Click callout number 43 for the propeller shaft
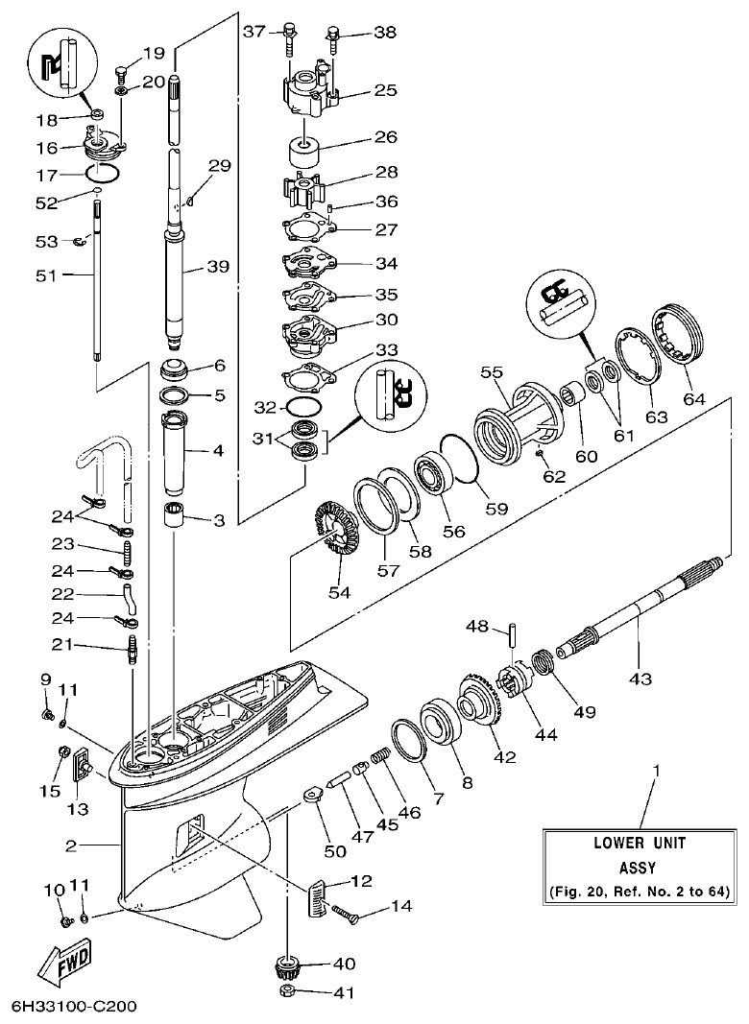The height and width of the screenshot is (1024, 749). tap(640, 679)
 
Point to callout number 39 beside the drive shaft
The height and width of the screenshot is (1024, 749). tap(218, 268)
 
